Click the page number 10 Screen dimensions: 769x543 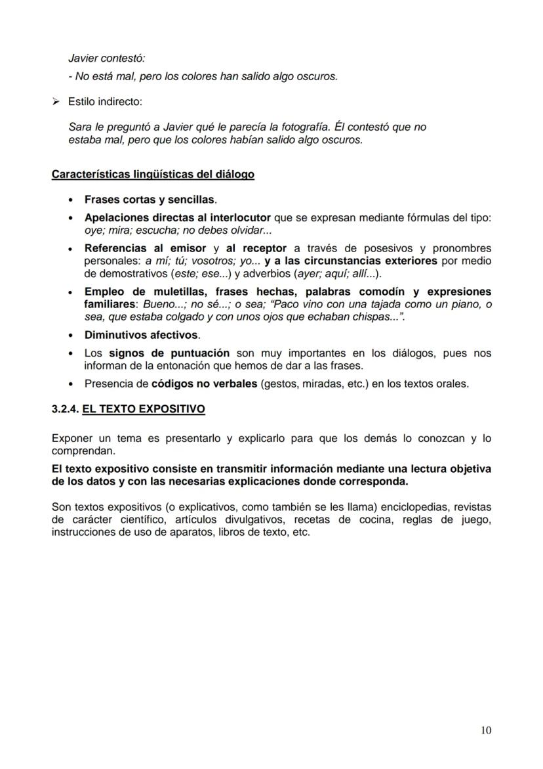(485, 730)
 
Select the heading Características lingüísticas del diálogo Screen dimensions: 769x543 (153, 175)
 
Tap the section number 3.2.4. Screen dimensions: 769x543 (65, 409)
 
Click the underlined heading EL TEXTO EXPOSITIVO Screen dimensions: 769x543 (143, 409)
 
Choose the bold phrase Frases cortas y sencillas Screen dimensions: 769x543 (150, 199)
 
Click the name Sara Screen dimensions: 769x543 (79, 127)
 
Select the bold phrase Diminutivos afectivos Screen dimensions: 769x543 (140, 335)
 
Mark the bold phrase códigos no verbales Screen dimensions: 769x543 (204, 384)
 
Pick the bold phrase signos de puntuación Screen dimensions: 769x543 (169, 353)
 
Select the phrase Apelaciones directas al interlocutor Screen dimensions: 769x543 (177, 217)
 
